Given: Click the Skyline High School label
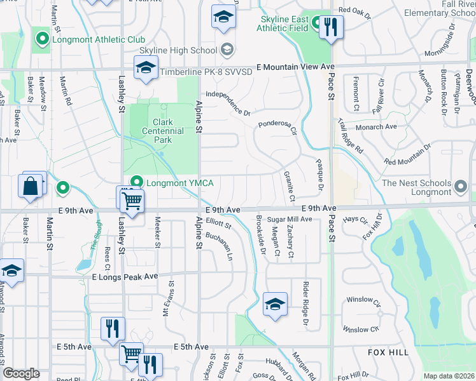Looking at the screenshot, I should point(178,50).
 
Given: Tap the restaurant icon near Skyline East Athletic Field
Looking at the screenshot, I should point(330,27).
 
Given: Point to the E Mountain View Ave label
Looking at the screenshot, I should point(295,66).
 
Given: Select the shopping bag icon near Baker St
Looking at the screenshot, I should point(31,187).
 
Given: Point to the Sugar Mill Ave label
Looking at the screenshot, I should point(289,219).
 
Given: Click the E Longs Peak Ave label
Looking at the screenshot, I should point(124,277).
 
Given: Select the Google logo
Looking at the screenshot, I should point(21,373).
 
